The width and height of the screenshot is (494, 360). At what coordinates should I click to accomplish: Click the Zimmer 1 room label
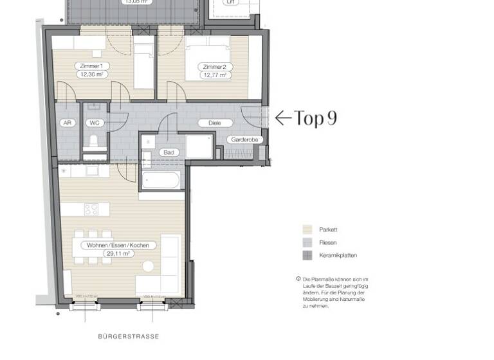tap(93, 66)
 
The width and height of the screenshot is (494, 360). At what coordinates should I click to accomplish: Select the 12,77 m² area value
tap(215, 75)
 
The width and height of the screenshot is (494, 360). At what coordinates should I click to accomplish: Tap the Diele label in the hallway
tap(207, 123)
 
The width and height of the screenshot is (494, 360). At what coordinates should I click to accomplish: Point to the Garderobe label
tap(242, 139)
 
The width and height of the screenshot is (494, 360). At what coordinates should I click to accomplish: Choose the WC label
tap(95, 122)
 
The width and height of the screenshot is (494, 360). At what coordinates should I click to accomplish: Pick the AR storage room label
tap(67, 122)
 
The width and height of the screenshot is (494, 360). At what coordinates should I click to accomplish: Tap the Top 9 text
tap(315, 118)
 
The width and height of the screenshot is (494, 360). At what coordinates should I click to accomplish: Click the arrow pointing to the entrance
tap(283, 118)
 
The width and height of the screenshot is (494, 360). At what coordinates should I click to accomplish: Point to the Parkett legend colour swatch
tap(307, 230)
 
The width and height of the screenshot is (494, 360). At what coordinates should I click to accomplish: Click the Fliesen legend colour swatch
tap(307, 242)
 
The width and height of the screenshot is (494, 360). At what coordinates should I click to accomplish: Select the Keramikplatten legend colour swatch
tap(307, 255)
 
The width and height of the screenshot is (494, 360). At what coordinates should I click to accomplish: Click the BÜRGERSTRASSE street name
tap(128, 336)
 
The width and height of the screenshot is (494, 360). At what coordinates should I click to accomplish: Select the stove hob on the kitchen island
tap(91, 210)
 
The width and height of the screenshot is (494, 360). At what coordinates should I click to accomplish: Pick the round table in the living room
tap(148, 266)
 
